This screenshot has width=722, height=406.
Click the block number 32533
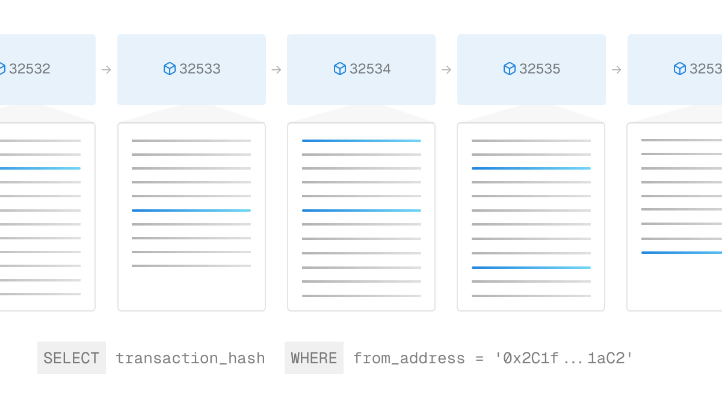(200, 69)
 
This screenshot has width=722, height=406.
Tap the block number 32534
(370, 69)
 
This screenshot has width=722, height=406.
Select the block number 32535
(540, 69)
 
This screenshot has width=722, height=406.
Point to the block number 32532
(29, 69)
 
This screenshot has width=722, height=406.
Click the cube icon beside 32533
(170, 69)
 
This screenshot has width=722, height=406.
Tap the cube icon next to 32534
(340, 69)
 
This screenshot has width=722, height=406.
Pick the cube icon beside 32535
(510, 69)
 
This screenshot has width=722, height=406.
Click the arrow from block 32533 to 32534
(277, 70)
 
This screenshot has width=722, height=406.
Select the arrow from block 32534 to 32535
(446, 70)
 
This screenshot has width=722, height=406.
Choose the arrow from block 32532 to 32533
(106, 70)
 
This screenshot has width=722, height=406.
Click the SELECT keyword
(71, 358)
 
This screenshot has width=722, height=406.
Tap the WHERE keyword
(314, 358)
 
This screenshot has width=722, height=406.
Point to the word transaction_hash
(191, 358)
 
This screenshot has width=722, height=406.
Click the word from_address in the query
(409, 358)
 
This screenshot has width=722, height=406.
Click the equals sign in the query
(480, 358)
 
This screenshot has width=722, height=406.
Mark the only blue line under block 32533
(191, 211)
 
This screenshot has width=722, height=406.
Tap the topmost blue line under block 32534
(362, 141)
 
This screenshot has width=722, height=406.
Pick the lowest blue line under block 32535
(531, 268)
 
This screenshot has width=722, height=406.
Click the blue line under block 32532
(40, 168)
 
